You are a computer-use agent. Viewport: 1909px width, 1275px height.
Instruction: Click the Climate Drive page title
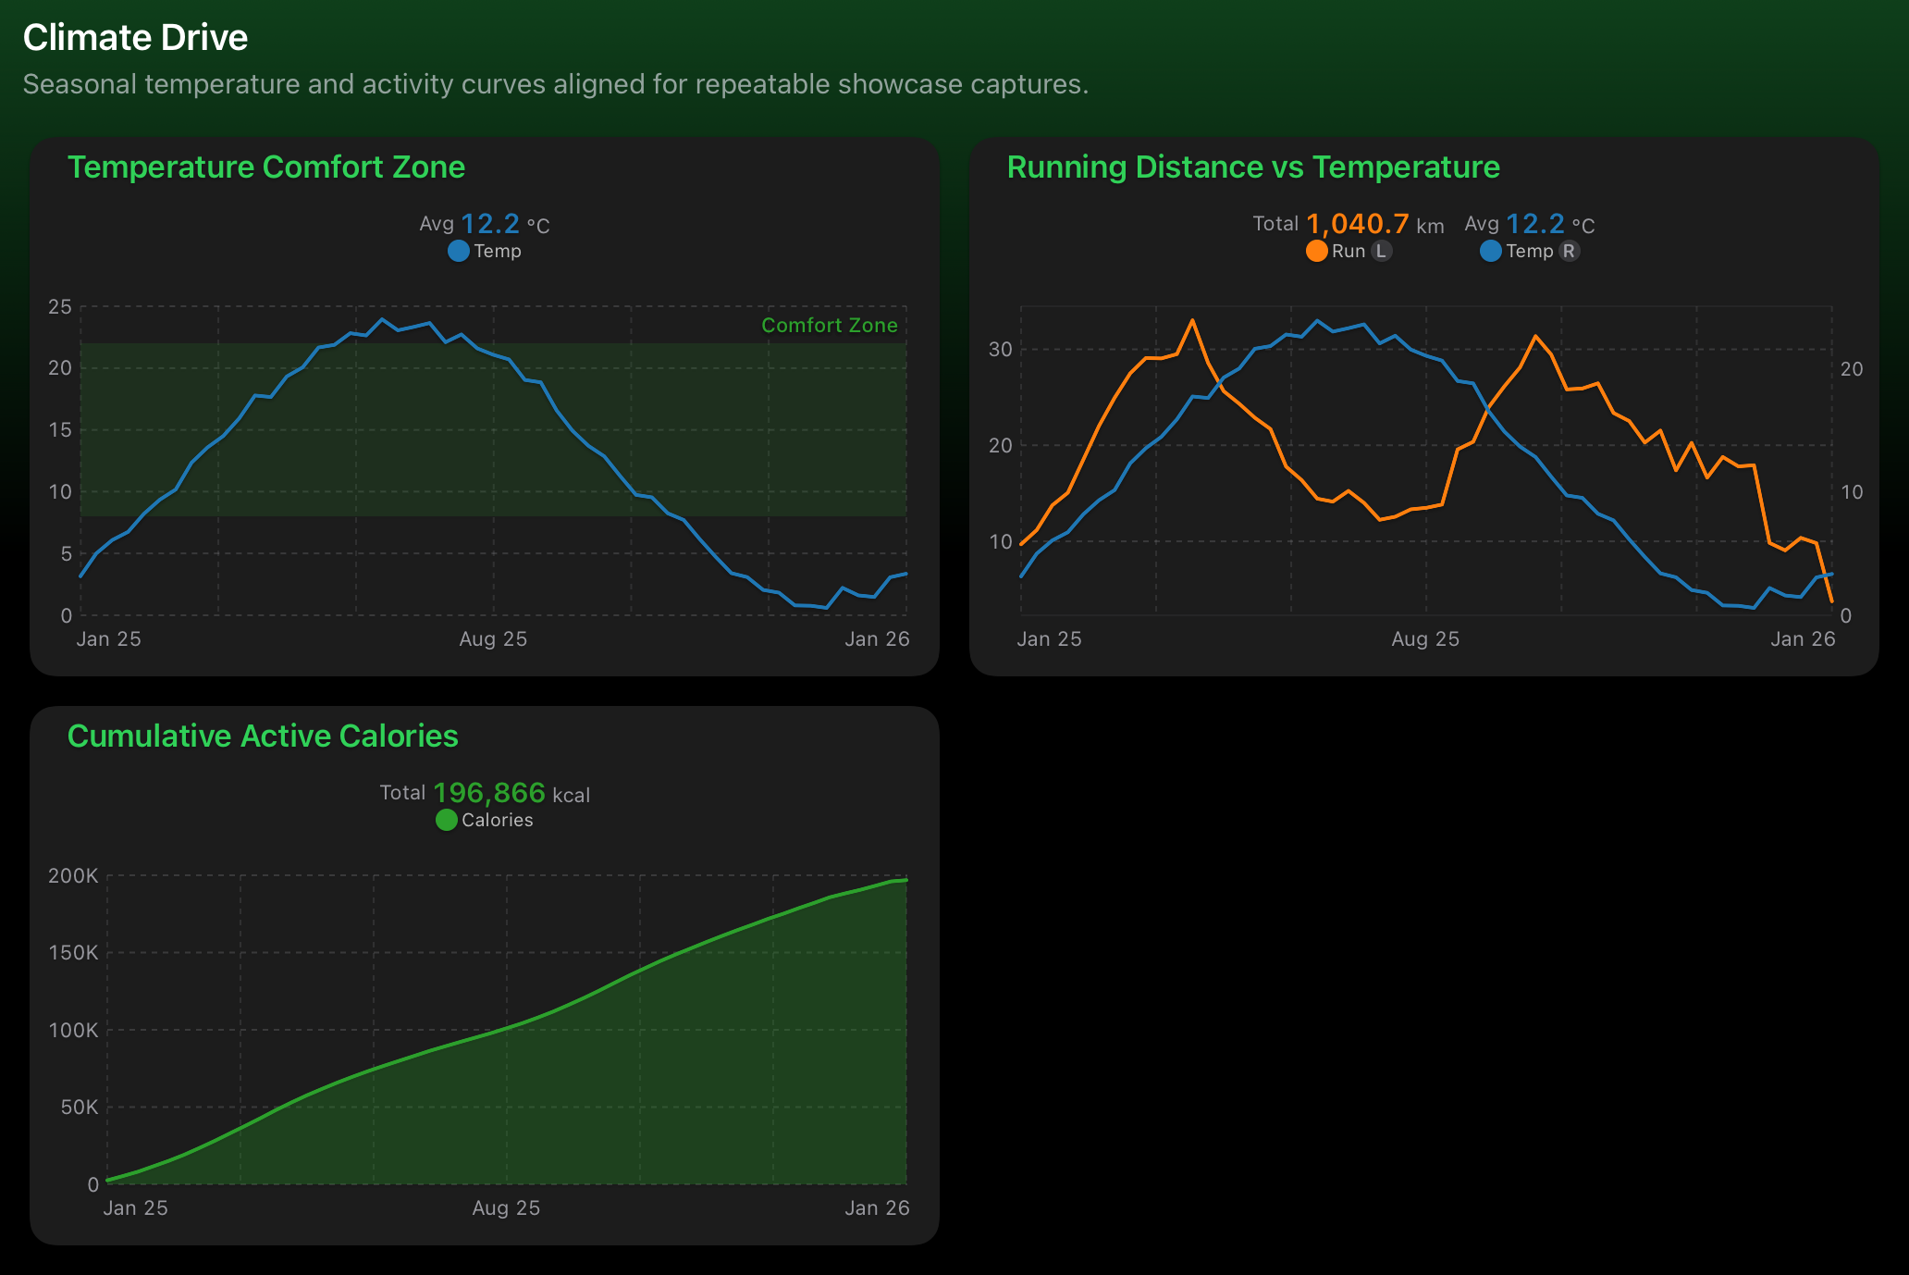(135, 38)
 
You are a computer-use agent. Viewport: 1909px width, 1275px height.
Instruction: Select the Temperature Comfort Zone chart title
(265, 167)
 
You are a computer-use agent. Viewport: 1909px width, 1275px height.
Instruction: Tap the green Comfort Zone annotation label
(829, 326)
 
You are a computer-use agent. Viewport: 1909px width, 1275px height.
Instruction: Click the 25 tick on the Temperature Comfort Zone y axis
(60, 307)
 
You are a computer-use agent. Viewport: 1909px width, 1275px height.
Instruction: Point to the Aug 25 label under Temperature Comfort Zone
(493, 639)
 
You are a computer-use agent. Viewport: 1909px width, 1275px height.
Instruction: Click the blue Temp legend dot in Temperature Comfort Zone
(458, 252)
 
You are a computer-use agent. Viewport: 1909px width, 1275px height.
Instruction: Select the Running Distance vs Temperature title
(1252, 167)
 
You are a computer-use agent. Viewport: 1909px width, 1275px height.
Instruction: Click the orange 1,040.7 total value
(1357, 225)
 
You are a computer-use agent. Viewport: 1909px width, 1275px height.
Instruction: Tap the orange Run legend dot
(1316, 252)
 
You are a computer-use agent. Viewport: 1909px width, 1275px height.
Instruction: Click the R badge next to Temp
(1569, 252)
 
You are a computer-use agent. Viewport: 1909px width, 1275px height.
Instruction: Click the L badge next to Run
(1381, 252)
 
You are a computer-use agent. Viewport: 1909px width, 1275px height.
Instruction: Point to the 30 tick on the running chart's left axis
(1000, 350)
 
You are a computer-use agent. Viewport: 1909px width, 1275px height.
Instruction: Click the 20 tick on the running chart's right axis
(1852, 369)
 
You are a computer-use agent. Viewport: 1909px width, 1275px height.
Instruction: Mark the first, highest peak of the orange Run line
(1192, 321)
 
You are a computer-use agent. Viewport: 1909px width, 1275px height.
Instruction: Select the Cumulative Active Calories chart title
(263, 737)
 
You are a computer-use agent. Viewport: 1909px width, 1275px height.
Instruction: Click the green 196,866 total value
(488, 794)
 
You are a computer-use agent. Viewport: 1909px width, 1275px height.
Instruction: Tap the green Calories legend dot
(446, 821)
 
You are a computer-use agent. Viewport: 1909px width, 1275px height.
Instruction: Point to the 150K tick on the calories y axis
(73, 953)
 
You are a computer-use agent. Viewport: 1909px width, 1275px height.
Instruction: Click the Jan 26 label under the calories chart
(877, 1208)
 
